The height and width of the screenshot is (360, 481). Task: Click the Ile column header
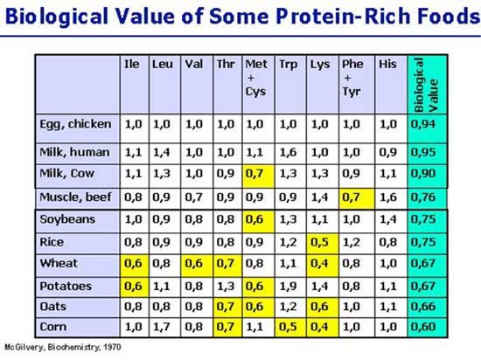pyautogui.click(x=132, y=64)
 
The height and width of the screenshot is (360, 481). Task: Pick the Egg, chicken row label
pyautogui.click(x=76, y=124)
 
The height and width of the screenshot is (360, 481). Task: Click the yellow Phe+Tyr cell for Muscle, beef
pyautogui.click(x=352, y=196)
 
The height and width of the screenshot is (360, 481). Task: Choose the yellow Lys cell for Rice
pyautogui.click(x=320, y=241)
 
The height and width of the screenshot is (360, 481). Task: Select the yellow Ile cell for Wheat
pyautogui.click(x=132, y=263)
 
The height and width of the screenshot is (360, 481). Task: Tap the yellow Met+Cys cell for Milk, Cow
pyautogui.click(x=256, y=173)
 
